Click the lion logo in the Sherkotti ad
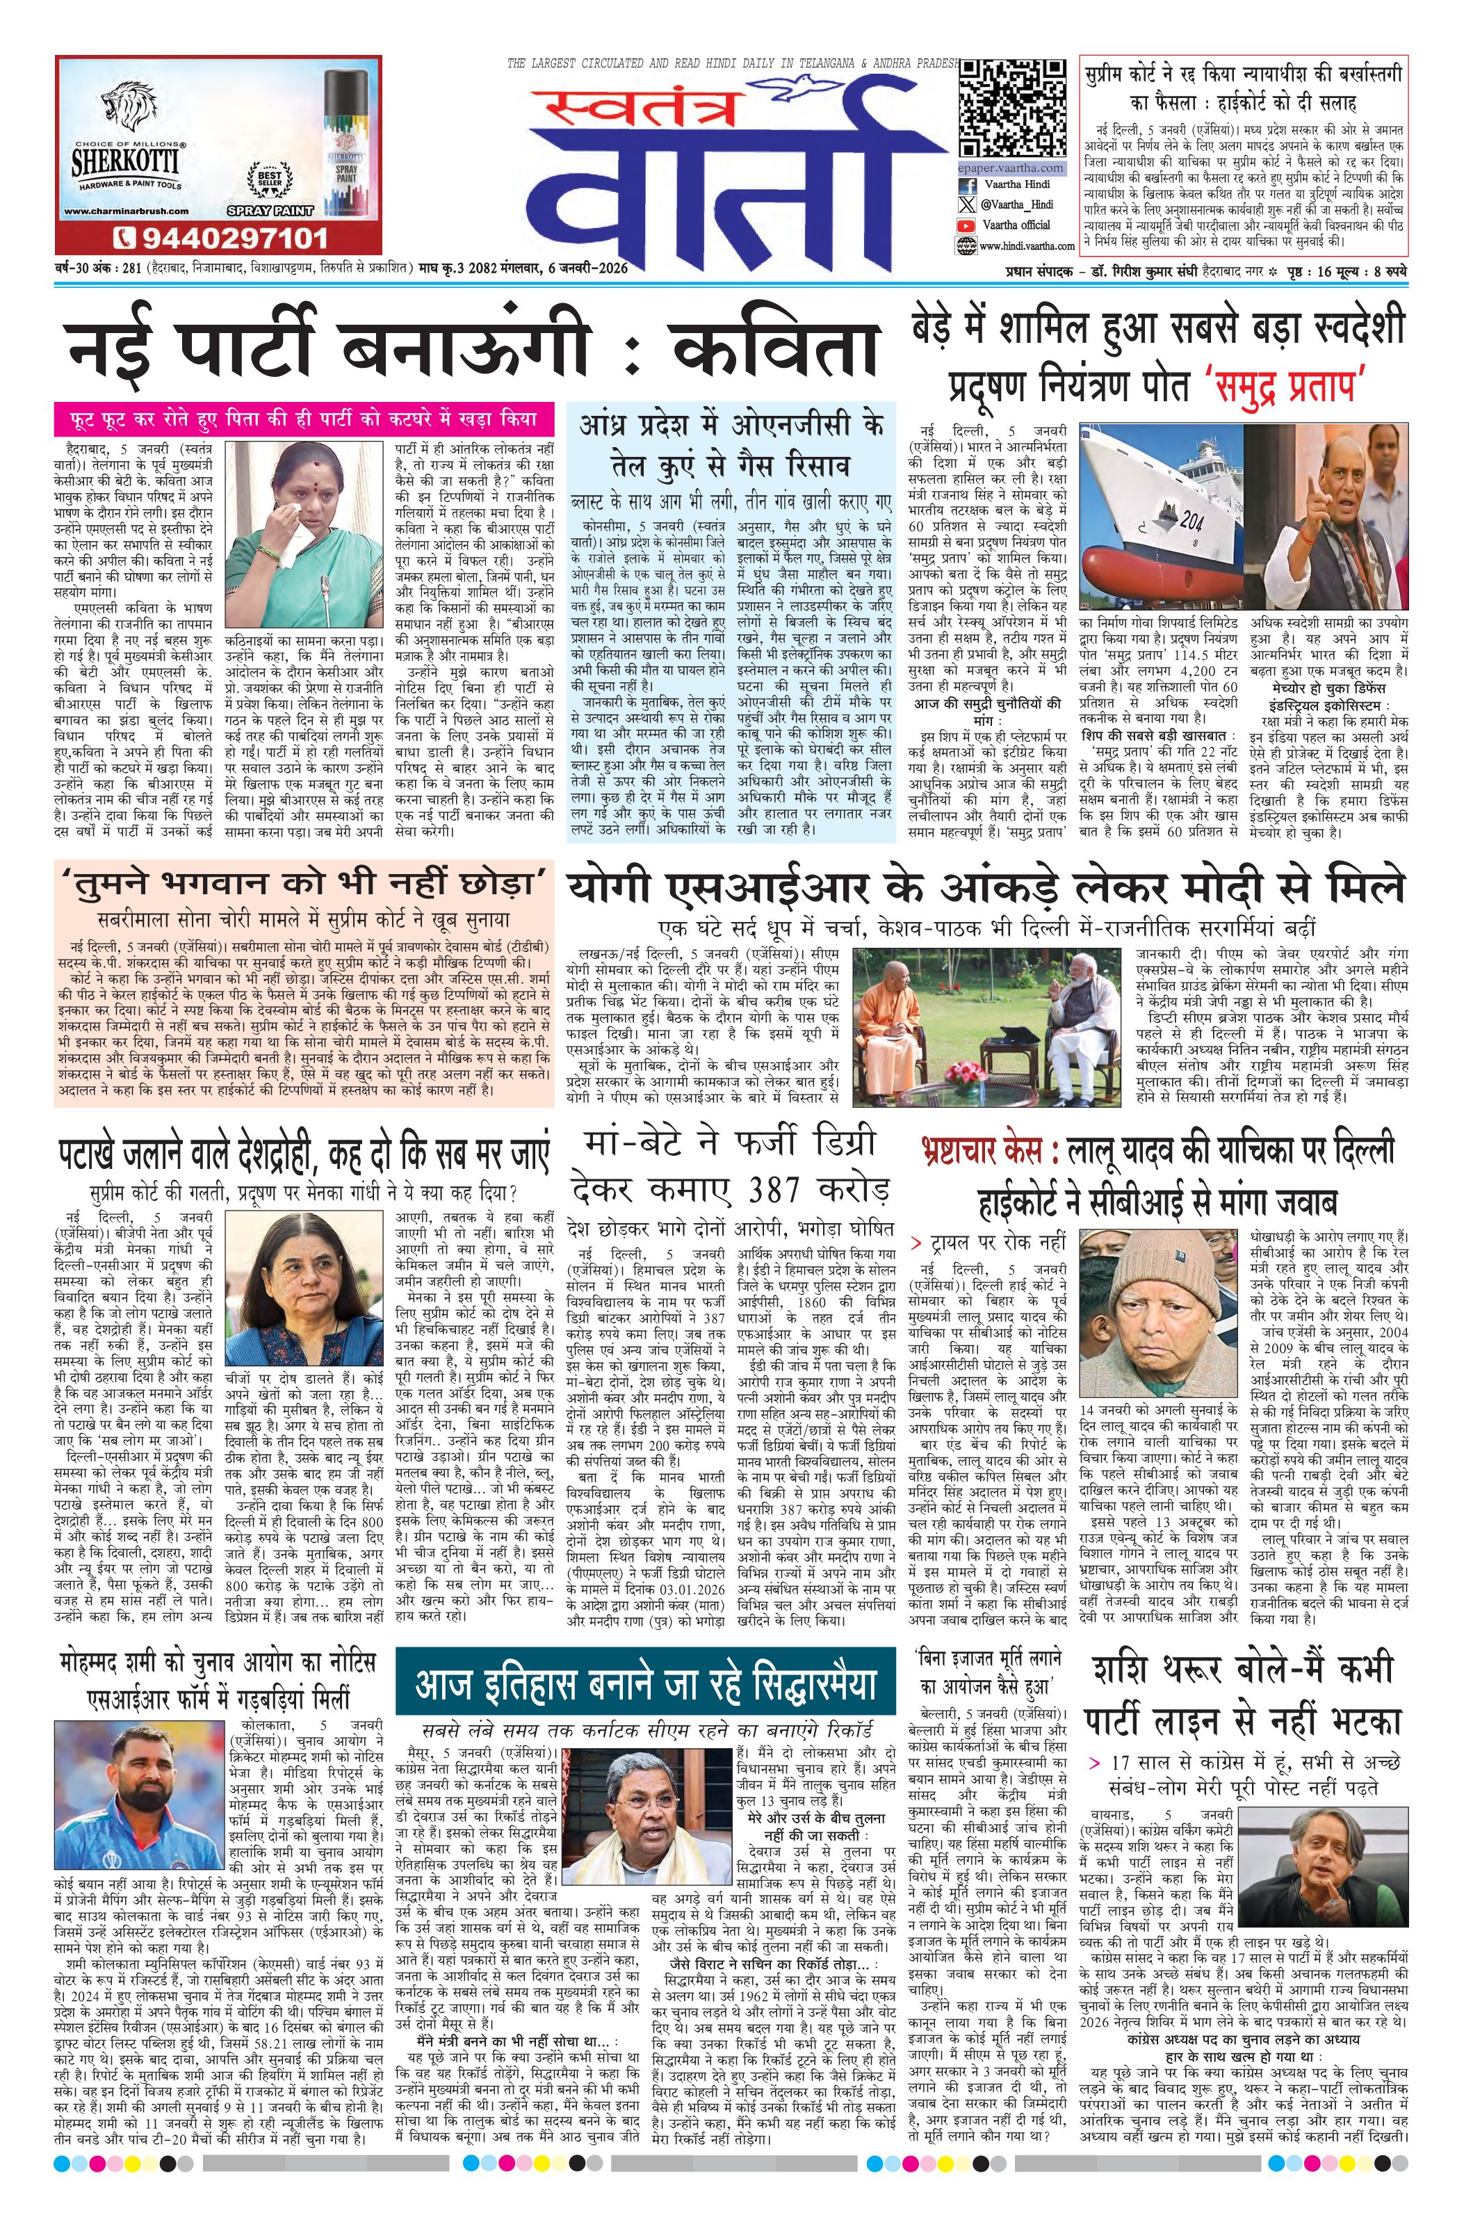[127, 111]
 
